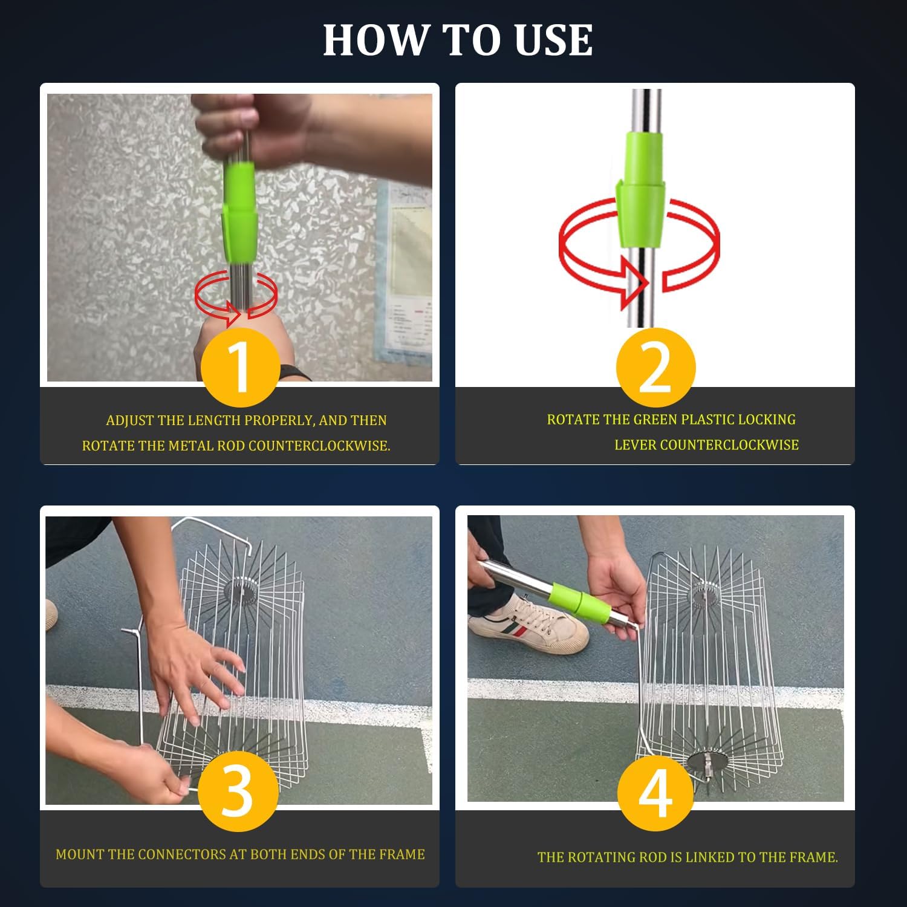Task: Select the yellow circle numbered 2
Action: click(655, 367)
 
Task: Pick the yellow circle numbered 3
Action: click(238, 791)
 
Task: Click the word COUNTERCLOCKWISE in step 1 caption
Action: click(319, 446)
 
